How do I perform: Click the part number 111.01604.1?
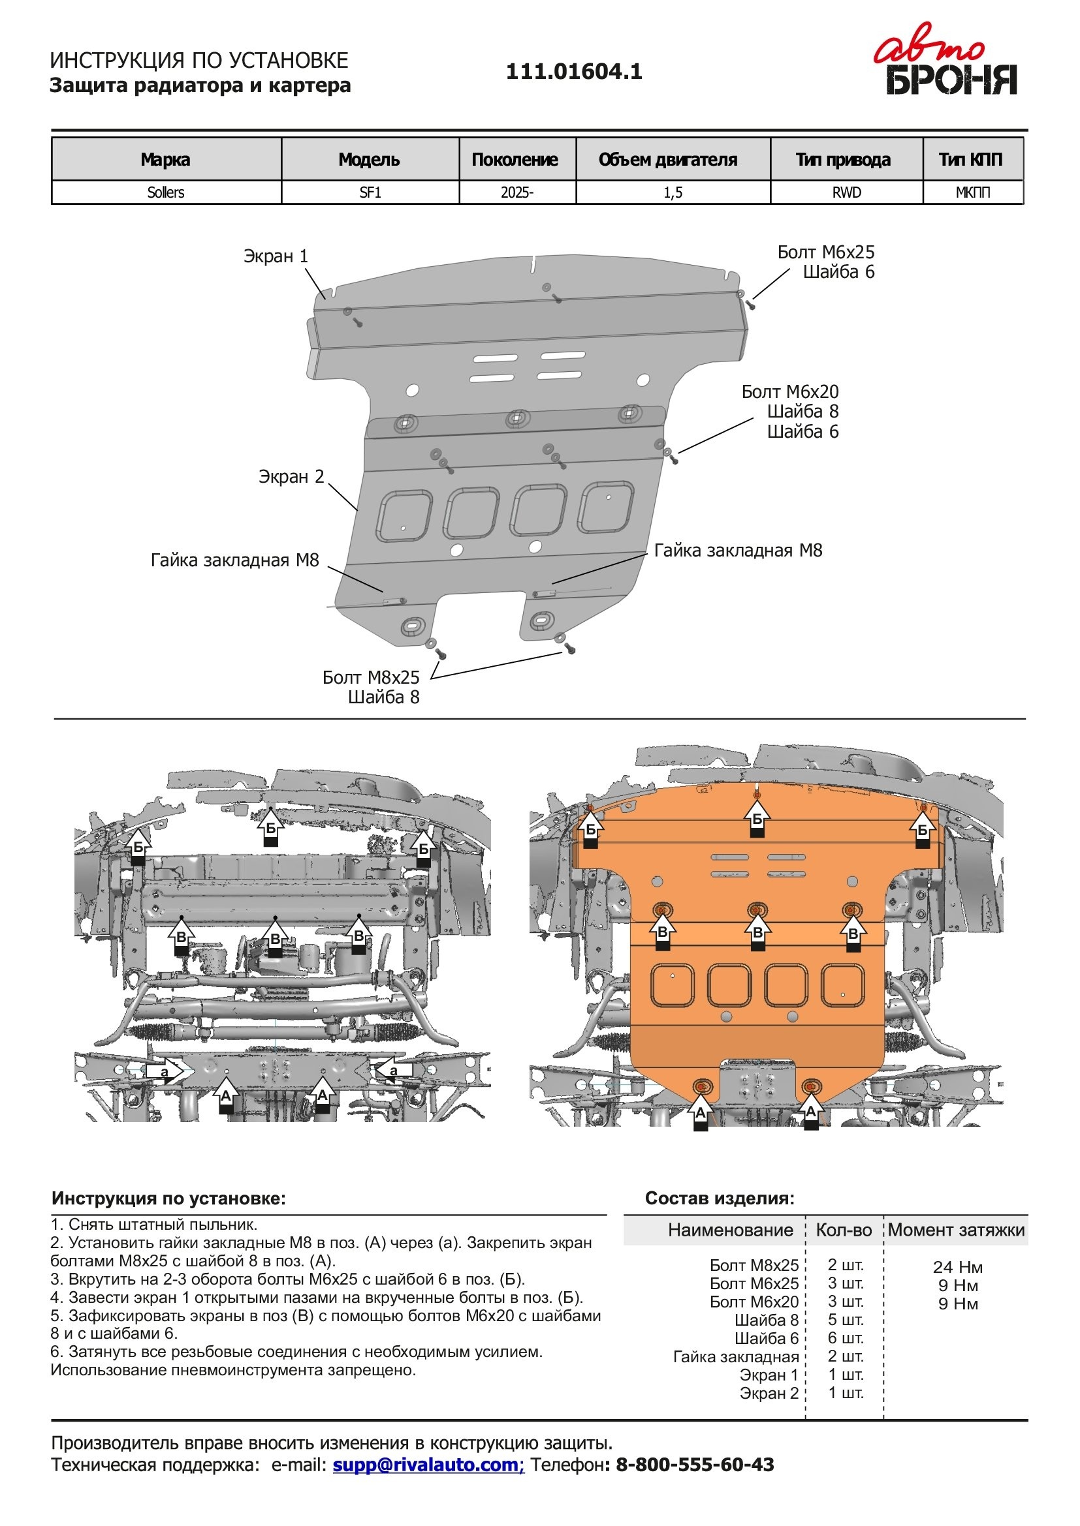click(574, 71)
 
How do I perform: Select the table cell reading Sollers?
click(166, 192)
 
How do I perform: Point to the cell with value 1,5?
click(673, 192)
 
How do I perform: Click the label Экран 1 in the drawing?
click(276, 256)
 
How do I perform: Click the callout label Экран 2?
click(291, 476)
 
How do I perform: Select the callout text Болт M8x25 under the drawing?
click(371, 677)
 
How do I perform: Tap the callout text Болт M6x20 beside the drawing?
click(790, 391)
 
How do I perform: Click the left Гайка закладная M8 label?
click(235, 560)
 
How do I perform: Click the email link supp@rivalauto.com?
click(428, 1464)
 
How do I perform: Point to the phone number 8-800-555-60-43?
click(695, 1464)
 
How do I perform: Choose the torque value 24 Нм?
click(957, 1267)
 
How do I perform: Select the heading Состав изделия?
click(720, 1198)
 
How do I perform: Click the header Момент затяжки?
click(956, 1230)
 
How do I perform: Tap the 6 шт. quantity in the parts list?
click(845, 1338)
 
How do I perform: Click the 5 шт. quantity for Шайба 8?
click(845, 1319)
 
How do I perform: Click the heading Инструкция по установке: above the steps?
click(169, 1198)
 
